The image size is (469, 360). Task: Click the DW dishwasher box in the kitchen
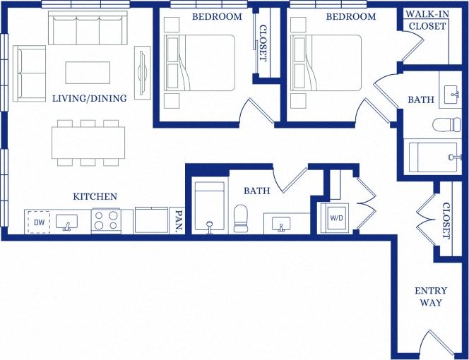point(39,222)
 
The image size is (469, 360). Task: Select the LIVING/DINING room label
point(90,99)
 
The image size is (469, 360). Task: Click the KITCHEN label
point(95,196)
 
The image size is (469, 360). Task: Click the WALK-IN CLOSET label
point(426,20)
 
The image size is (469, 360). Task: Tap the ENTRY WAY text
point(428,296)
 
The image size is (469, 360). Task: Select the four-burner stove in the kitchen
point(106,222)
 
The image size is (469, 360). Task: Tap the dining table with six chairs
point(88,142)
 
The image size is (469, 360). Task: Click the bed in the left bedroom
point(199,62)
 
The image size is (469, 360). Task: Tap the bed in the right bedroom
point(326,62)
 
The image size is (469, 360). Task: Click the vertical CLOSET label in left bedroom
point(263,43)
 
